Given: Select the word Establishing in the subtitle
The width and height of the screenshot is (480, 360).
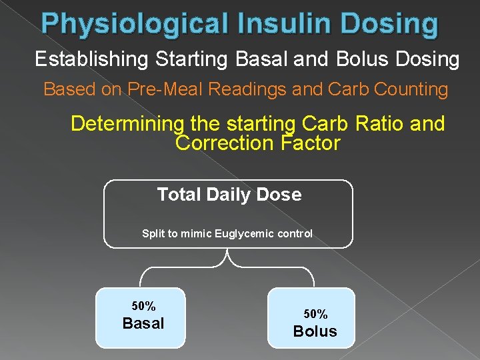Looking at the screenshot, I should pos(93,59).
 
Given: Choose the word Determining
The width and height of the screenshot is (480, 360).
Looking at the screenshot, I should pos(126,124).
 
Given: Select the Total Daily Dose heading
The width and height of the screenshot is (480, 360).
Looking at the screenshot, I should pos(229,195).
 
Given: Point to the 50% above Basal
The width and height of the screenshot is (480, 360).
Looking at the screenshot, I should pos(143,307).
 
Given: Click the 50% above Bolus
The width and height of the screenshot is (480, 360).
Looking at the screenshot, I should pos(315,314).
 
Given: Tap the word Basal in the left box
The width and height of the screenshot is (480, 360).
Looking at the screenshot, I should pos(143,324).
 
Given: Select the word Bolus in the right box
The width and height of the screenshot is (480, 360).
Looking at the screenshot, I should pos(315,331).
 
